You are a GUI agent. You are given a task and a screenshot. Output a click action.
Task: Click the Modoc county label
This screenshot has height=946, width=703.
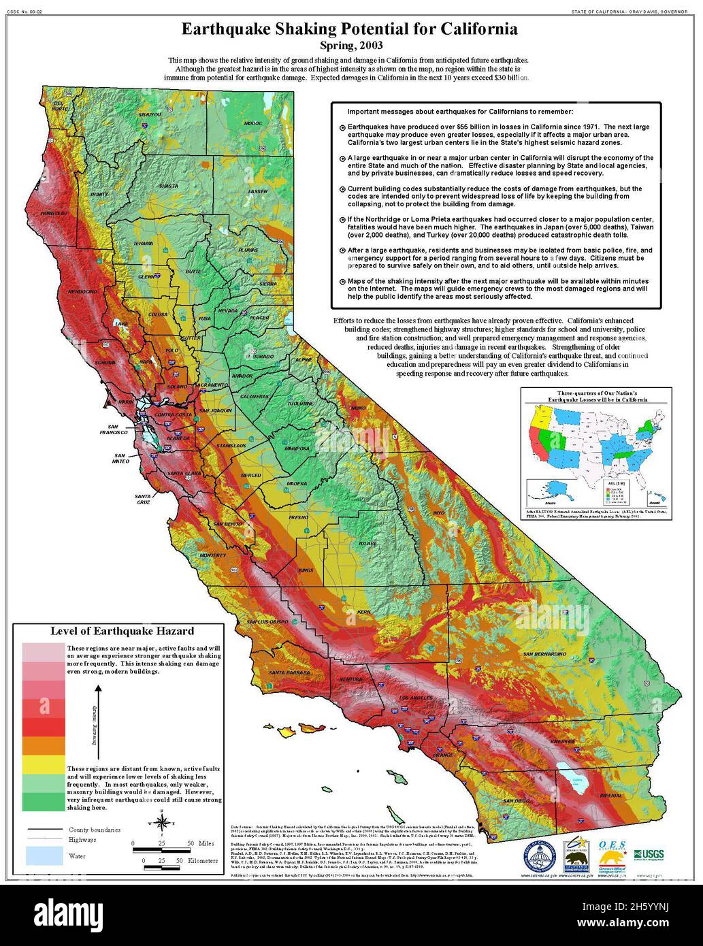pos(252,123)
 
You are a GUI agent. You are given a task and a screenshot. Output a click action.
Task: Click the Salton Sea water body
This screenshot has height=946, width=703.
pos(574,780)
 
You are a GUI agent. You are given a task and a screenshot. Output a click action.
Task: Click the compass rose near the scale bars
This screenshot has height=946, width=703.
pos(160,826)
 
